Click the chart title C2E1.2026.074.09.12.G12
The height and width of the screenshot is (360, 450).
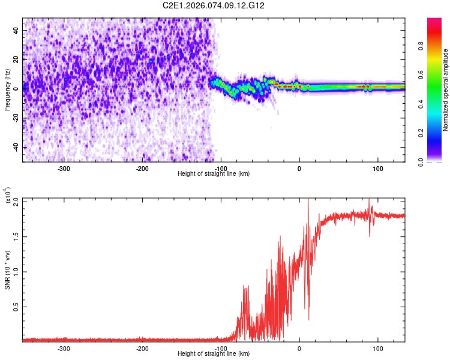coord(214,5)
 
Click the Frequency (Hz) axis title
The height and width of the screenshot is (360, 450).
coord(7,90)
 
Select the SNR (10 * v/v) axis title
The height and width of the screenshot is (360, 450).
coord(7,270)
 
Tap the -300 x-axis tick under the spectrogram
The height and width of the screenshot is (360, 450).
coord(64,169)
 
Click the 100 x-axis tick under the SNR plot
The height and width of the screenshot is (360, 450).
coord(378,349)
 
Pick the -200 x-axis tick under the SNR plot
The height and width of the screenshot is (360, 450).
coord(142,349)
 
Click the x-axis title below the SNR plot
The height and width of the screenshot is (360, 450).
coord(214,354)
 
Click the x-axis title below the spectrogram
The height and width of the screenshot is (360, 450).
coord(214,174)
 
